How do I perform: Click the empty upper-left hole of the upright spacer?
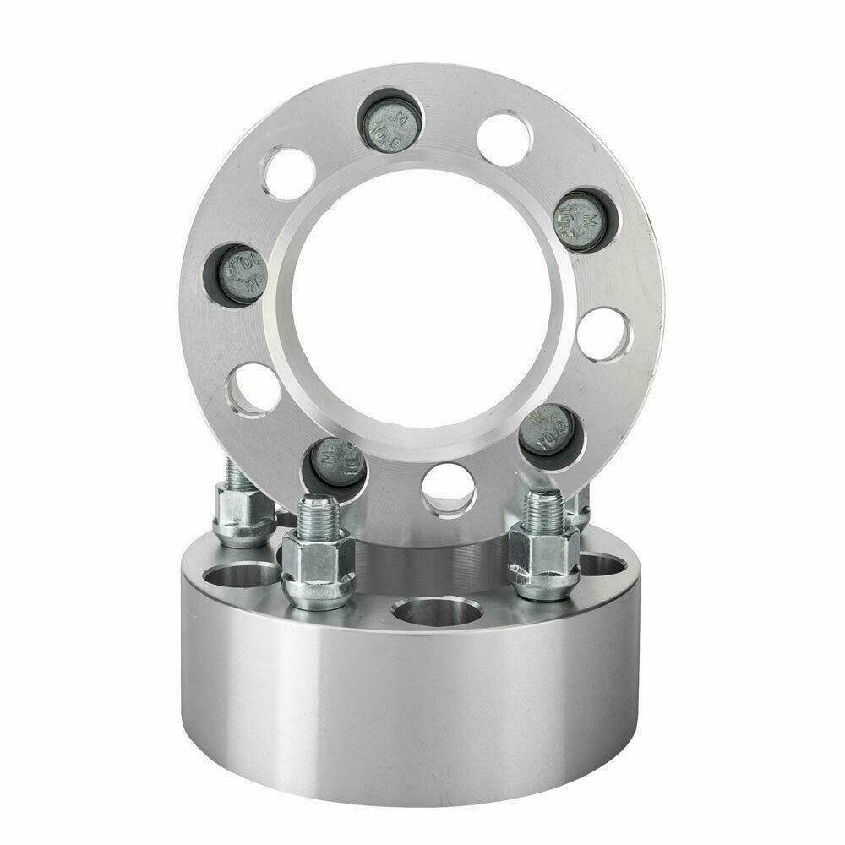pyautogui.click(x=290, y=174)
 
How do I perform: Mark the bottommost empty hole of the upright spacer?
pyautogui.click(x=448, y=490)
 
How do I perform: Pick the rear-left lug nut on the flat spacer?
pyautogui.click(x=243, y=520)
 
